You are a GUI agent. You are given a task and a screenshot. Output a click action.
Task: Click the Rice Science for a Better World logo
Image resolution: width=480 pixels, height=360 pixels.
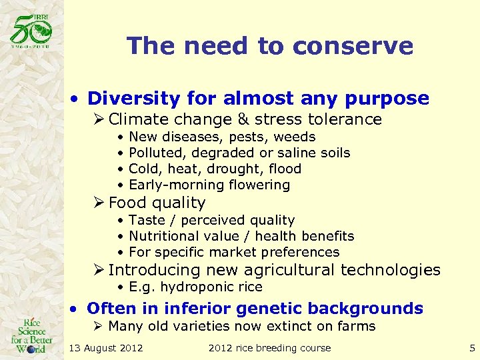pos(31,333)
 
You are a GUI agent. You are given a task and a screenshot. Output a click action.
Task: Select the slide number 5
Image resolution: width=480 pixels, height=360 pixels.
pos(472,347)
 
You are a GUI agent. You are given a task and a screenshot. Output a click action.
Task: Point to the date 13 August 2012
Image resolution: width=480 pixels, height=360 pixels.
pos(106,347)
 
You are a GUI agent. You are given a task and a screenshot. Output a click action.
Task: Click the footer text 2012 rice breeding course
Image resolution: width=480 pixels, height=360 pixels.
pos(269,347)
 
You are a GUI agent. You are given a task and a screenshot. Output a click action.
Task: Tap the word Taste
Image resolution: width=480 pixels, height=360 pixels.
pos(145,220)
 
